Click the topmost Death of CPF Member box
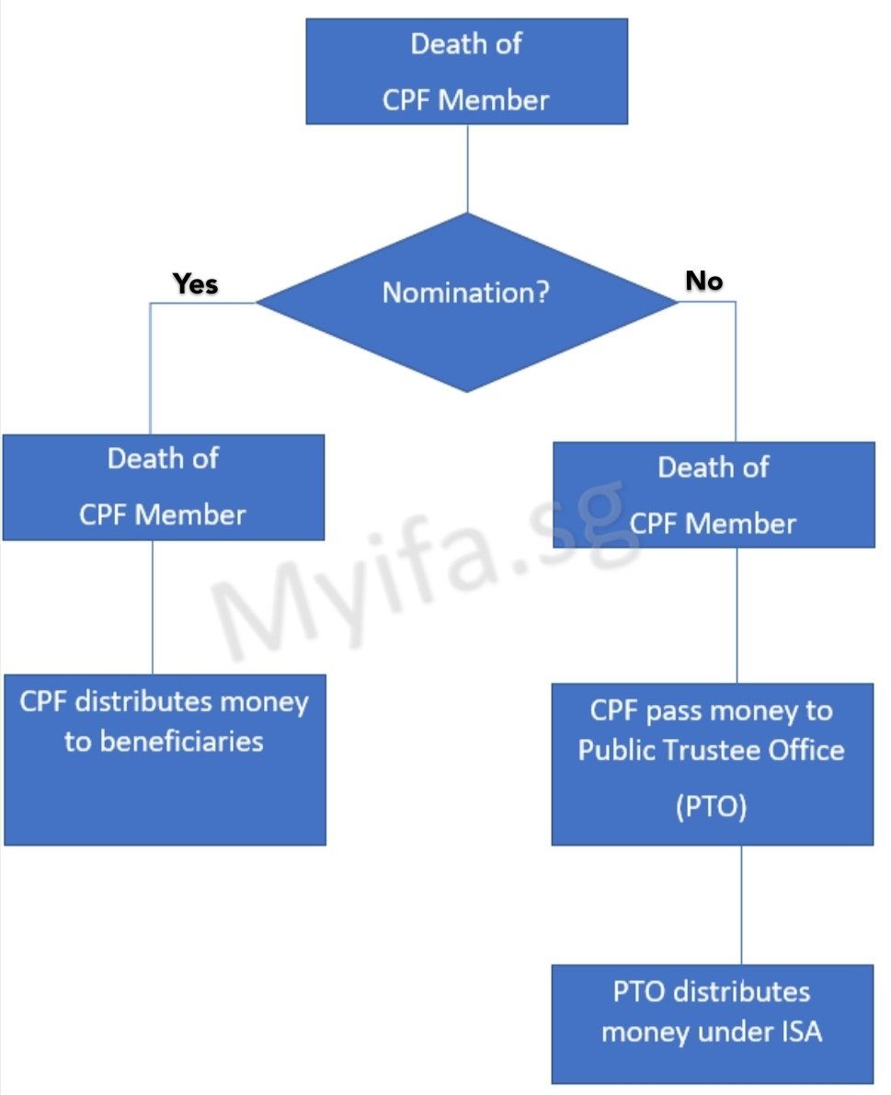(x=466, y=71)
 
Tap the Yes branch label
(x=196, y=284)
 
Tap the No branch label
(x=704, y=281)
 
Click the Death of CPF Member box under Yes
(x=163, y=487)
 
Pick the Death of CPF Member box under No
(x=713, y=495)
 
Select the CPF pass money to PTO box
(x=712, y=764)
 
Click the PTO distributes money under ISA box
(x=712, y=1023)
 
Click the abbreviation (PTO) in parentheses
(x=711, y=809)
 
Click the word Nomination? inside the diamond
(x=466, y=294)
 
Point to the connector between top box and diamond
(x=467, y=168)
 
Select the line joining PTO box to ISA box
(x=741, y=905)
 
